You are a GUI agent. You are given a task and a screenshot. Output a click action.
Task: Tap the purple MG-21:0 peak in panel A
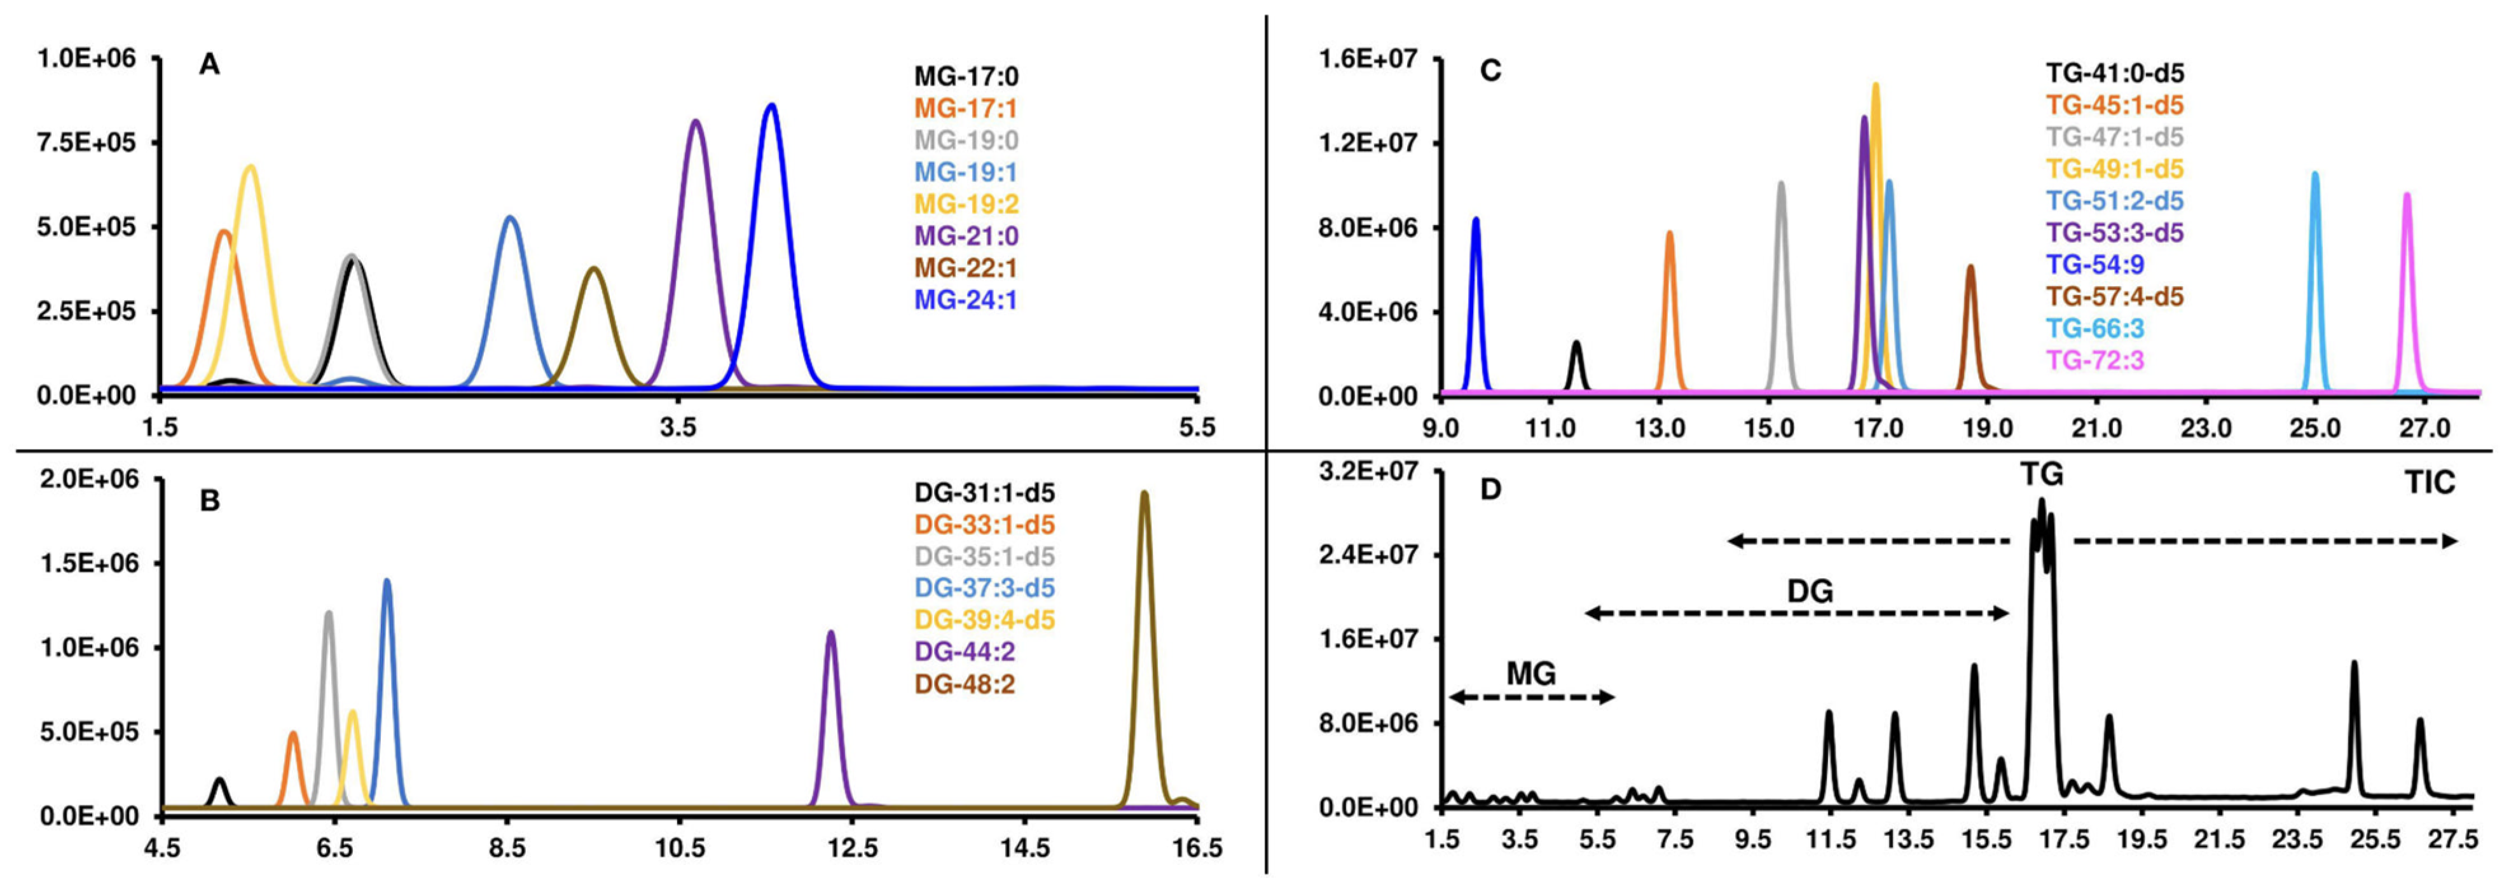[x=696, y=122]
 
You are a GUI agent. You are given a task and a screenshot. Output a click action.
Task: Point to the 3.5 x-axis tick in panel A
[x=678, y=427]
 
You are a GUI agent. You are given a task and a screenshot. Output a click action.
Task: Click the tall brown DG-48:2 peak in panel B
[x=1144, y=494]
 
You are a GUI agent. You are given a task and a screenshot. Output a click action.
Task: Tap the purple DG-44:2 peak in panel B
[x=830, y=634]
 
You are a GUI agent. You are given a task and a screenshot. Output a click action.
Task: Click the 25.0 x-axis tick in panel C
[x=2314, y=427]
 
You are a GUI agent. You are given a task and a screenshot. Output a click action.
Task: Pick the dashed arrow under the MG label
[x=1532, y=696]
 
